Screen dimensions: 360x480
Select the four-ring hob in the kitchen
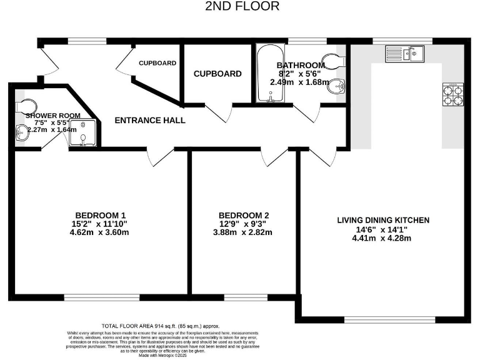point(452,94)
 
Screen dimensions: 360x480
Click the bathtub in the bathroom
point(269,74)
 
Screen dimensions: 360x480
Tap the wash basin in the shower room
point(23,132)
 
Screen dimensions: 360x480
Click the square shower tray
point(82,133)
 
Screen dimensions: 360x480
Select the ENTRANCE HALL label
point(150,120)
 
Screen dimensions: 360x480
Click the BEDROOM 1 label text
point(101,211)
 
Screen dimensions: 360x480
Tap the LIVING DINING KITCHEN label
point(383,220)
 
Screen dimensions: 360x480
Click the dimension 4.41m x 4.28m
point(383,237)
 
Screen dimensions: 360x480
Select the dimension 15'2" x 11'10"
point(101,222)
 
